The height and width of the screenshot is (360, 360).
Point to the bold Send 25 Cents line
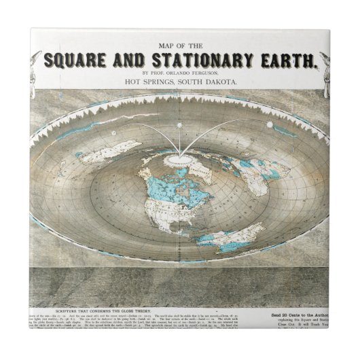pos(322,310)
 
